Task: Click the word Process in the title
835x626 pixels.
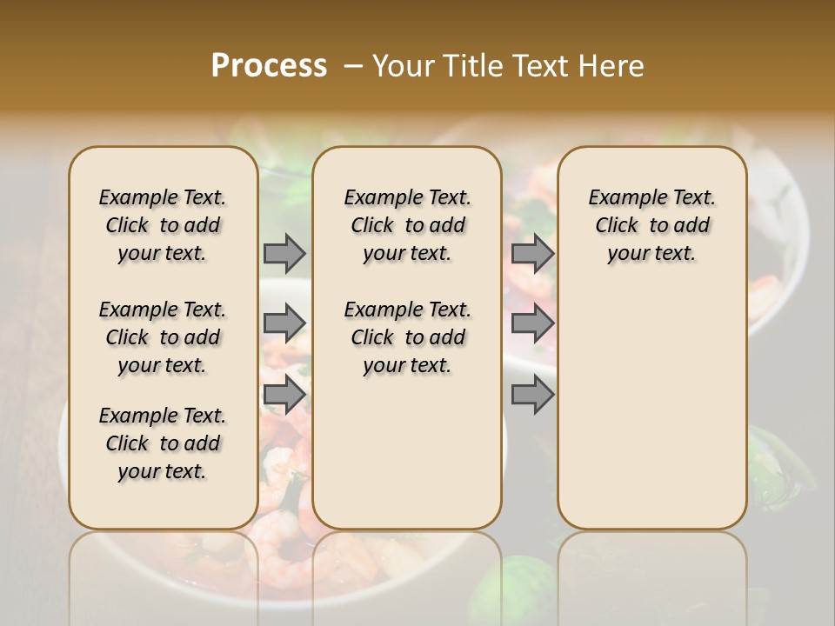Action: tap(269, 66)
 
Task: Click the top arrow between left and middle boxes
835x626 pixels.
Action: tap(284, 253)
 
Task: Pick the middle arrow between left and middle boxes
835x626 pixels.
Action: tap(284, 323)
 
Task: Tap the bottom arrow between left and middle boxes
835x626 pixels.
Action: tap(284, 394)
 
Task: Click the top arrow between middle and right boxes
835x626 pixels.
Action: tap(532, 253)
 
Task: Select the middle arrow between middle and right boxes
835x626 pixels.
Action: tap(532, 323)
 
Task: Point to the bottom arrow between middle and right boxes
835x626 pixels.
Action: tap(532, 394)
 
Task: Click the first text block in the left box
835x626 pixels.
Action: tap(163, 225)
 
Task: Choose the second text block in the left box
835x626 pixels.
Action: tap(163, 337)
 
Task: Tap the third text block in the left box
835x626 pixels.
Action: tap(163, 443)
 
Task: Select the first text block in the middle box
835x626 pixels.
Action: tap(407, 225)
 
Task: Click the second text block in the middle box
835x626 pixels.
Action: tap(407, 337)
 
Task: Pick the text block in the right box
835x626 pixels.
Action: tap(651, 225)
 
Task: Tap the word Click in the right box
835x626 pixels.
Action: tap(617, 225)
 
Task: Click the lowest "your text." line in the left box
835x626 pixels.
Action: tap(163, 471)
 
